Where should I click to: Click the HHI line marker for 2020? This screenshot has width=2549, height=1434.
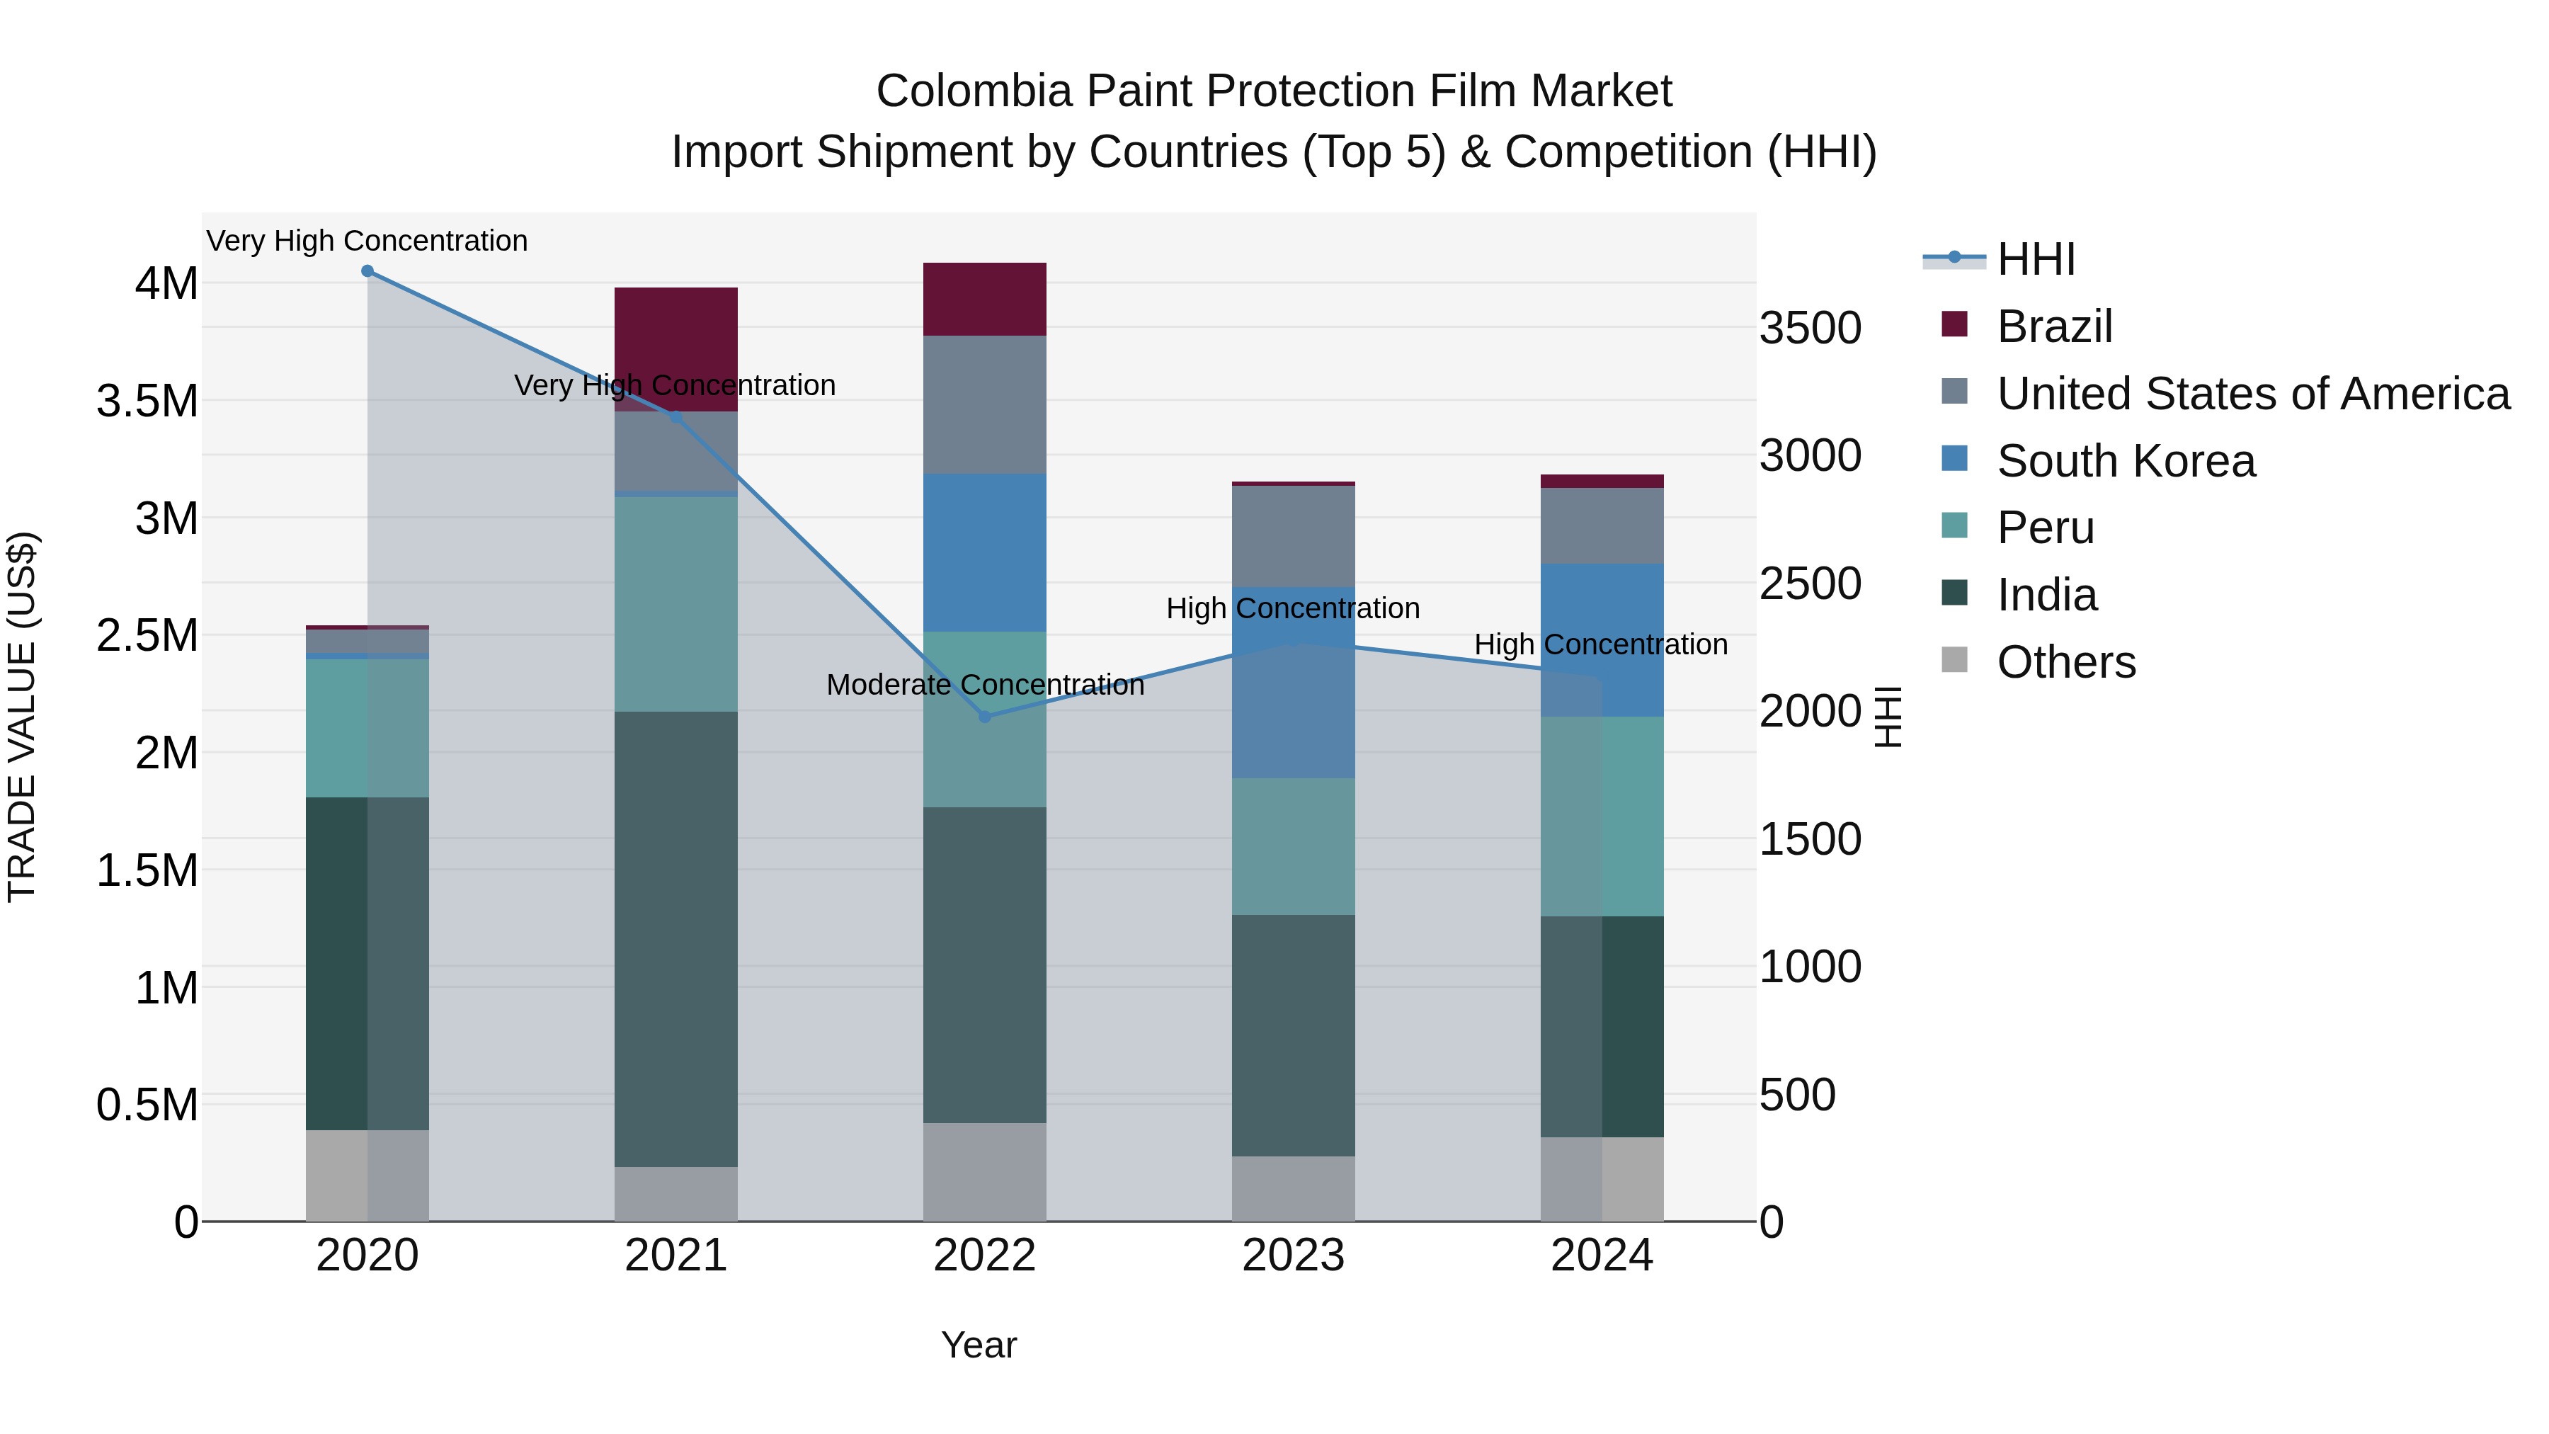coord(367,271)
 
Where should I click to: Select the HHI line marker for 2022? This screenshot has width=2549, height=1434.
coord(985,717)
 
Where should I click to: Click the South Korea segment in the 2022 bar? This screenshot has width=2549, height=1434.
coord(985,552)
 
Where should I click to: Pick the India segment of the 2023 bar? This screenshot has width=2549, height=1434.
coord(1294,1035)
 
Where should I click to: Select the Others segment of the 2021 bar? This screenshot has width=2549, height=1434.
coord(676,1193)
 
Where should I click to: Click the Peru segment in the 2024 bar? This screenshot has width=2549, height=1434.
coord(1602,816)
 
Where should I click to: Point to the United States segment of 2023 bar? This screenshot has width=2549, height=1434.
coord(1294,536)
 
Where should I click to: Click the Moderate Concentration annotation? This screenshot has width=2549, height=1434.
coord(985,685)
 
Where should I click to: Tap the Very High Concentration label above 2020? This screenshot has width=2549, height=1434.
coord(367,241)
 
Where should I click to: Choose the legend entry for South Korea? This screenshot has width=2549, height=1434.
coord(2126,461)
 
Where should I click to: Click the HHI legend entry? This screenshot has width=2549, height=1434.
coord(2036,259)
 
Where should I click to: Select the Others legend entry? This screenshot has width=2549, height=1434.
coord(2066,662)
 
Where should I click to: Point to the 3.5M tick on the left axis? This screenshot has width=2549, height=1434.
coord(147,402)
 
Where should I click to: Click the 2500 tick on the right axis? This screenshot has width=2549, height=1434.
coord(1810,584)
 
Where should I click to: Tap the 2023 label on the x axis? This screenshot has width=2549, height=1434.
coord(1294,1256)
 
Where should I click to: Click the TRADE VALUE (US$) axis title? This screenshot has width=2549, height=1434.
coord(22,717)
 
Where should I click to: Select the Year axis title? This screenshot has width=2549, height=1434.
coord(979,1345)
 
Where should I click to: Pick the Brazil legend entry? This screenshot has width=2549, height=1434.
coord(2054,326)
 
